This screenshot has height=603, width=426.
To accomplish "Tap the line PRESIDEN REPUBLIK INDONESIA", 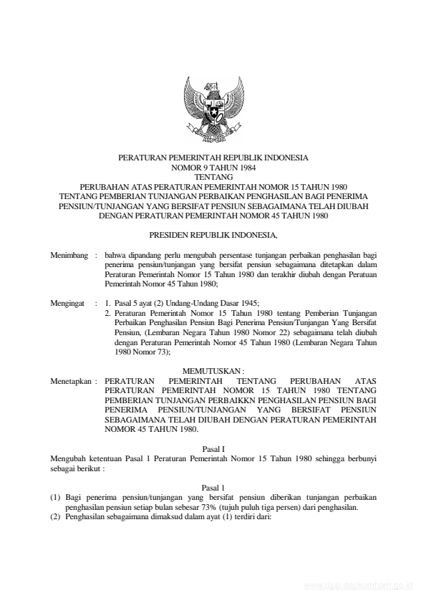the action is (x=213, y=235).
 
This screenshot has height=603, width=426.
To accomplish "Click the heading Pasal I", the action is (x=213, y=448).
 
